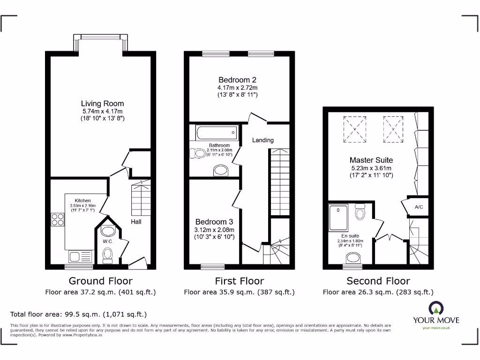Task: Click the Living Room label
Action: point(102,104)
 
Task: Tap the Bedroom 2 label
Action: point(237,80)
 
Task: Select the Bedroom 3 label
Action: point(214,222)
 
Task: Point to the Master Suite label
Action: point(371,160)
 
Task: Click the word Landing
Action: point(262,140)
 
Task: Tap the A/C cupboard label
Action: point(418,207)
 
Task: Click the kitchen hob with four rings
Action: point(58,220)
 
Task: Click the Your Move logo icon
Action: point(435,308)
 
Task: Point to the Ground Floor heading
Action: point(100,281)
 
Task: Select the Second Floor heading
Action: point(378,281)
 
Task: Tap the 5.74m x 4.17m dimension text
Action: point(102,112)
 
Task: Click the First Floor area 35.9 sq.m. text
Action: point(239,292)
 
